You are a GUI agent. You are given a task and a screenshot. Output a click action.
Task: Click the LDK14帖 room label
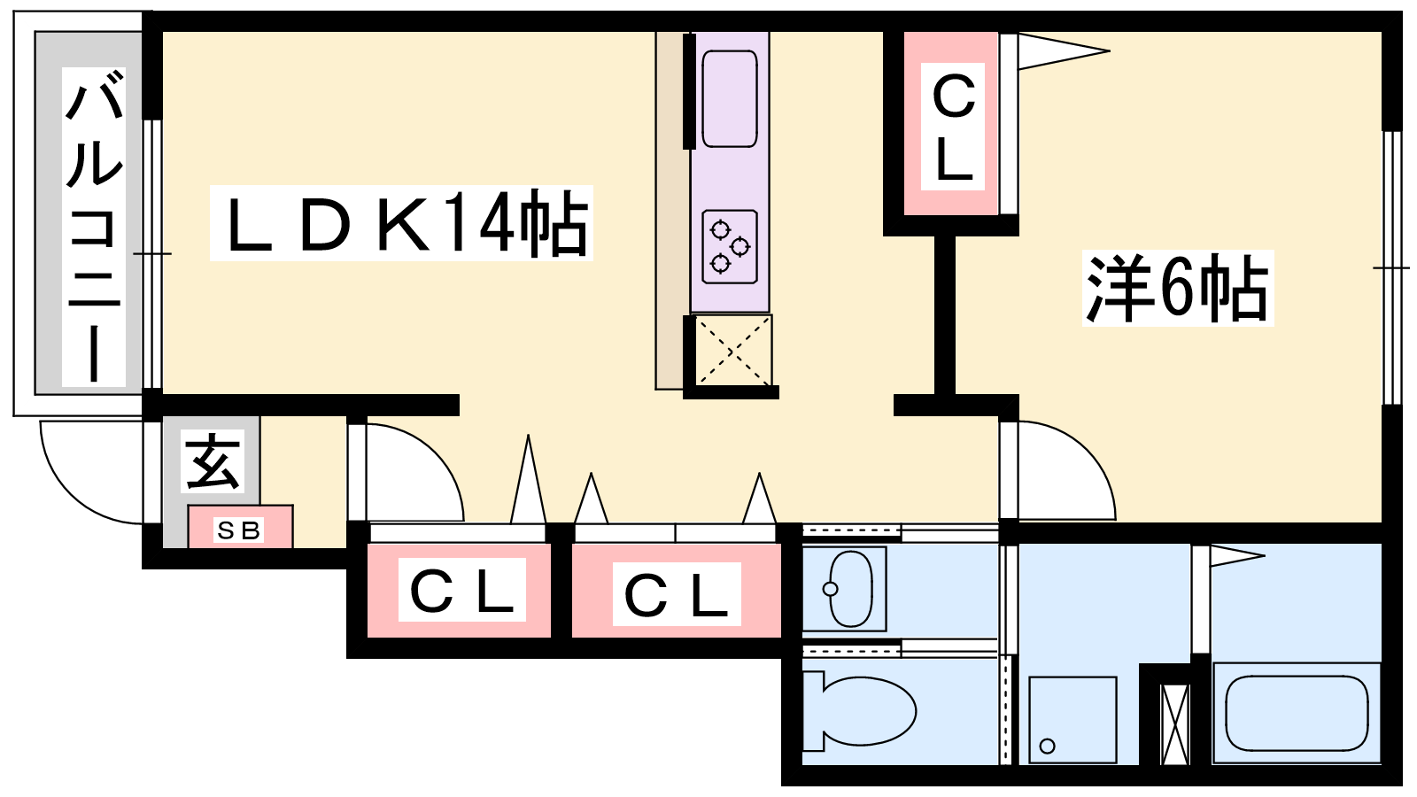click(401, 222)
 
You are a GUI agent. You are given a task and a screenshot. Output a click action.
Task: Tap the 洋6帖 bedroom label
click(1177, 288)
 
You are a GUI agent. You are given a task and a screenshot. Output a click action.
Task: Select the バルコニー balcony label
click(94, 227)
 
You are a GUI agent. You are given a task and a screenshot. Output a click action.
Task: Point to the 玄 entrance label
click(213, 461)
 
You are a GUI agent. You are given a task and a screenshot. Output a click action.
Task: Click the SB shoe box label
click(239, 530)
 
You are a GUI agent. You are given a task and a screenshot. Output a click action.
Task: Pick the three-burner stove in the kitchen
click(730, 247)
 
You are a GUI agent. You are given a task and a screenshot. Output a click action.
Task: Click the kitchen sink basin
click(730, 99)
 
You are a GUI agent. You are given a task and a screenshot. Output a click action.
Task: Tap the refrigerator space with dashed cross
click(732, 350)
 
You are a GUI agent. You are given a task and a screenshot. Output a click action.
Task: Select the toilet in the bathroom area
click(859, 712)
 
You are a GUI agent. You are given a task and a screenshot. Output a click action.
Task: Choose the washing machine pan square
click(1072, 720)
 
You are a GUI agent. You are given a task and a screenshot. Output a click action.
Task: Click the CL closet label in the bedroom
click(953, 127)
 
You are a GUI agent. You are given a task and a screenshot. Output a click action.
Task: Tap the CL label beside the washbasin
click(677, 594)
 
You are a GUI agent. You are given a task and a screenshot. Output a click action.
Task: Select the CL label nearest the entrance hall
click(461, 590)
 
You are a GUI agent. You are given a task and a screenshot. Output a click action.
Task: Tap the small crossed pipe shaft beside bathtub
click(1176, 724)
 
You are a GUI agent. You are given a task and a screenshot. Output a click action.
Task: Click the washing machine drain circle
click(1047, 746)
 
